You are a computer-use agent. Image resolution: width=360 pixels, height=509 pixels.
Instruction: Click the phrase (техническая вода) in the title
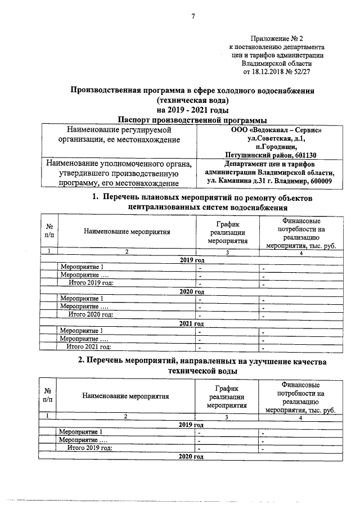click(192, 100)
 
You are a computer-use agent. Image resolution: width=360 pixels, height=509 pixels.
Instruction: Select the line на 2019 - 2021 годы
click(192, 109)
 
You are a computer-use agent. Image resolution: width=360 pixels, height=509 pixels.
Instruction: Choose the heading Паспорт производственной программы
click(192, 119)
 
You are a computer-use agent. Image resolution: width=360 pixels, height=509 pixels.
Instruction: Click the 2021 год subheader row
click(191, 323)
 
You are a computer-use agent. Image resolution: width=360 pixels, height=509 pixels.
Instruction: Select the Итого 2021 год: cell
click(89, 347)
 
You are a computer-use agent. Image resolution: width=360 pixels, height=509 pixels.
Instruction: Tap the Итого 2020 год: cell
click(89, 314)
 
